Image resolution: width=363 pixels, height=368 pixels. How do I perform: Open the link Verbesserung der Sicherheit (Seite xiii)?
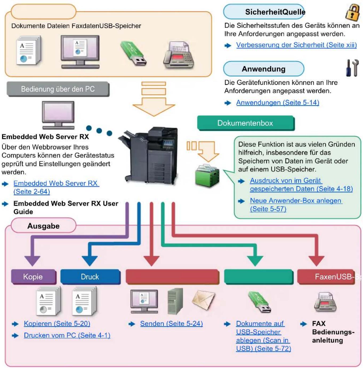pyautogui.click(x=296, y=45)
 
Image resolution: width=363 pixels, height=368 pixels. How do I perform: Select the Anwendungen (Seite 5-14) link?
pyautogui.click(x=278, y=103)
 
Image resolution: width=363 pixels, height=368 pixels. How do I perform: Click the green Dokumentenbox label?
pyautogui.click(x=246, y=123)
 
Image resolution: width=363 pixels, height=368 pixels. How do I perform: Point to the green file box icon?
pyautogui.click(x=207, y=176)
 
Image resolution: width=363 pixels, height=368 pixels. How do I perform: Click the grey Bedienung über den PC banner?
pyautogui.click(x=58, y=89)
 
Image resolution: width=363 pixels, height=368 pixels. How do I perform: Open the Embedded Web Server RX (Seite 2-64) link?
pyautogui.click(x=56, y=187)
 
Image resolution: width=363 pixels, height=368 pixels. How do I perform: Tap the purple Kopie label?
pyautogui.click(x=33, y=277)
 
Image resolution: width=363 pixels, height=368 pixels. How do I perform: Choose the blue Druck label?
pyautogui.click(x=90, y=277)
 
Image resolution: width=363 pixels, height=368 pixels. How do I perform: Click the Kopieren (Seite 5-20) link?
pyautogui.click(x=57, y=324)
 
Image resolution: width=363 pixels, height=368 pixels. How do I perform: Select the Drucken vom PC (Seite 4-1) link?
pyautogui.click(x=67, y=335)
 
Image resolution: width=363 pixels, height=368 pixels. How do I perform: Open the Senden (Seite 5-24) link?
pyautogui.click(x=171, y=324)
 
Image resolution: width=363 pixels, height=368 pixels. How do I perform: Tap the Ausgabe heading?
pyautogui.click(x=43, y=226)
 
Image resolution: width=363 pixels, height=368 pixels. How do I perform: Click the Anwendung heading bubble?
pyautogui.click(x=264, y=69)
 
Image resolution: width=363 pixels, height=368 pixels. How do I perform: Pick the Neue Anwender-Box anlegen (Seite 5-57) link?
pyautogui.click(x=296, y=205)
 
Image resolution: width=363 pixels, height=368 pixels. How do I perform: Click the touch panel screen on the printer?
pyautogui.click(x=168, y=143)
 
